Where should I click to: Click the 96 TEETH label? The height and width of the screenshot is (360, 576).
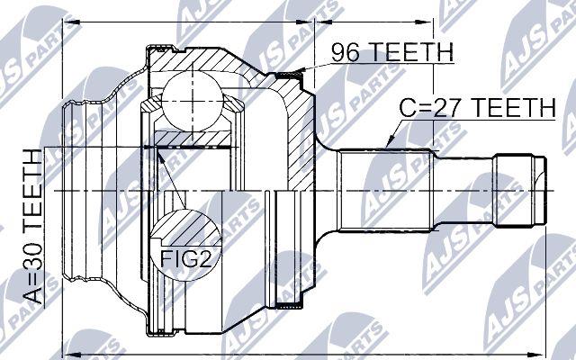(x=392, y=52)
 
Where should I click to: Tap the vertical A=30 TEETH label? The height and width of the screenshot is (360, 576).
(x=32, y=227)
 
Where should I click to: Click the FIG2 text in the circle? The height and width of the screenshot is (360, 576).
(x=186, y=257)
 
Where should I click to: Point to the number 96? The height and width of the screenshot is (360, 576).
(x=345, y=52)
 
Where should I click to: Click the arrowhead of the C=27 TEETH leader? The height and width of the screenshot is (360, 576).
(x=391, y=142)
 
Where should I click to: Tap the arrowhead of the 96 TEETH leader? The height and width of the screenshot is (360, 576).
(x=298, y=71)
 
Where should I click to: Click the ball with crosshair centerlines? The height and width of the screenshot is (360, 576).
(x=192, y=101)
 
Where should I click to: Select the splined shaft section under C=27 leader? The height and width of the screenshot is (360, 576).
(x=386, y=191)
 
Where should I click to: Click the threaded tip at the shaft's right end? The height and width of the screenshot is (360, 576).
(x=520, y=191)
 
